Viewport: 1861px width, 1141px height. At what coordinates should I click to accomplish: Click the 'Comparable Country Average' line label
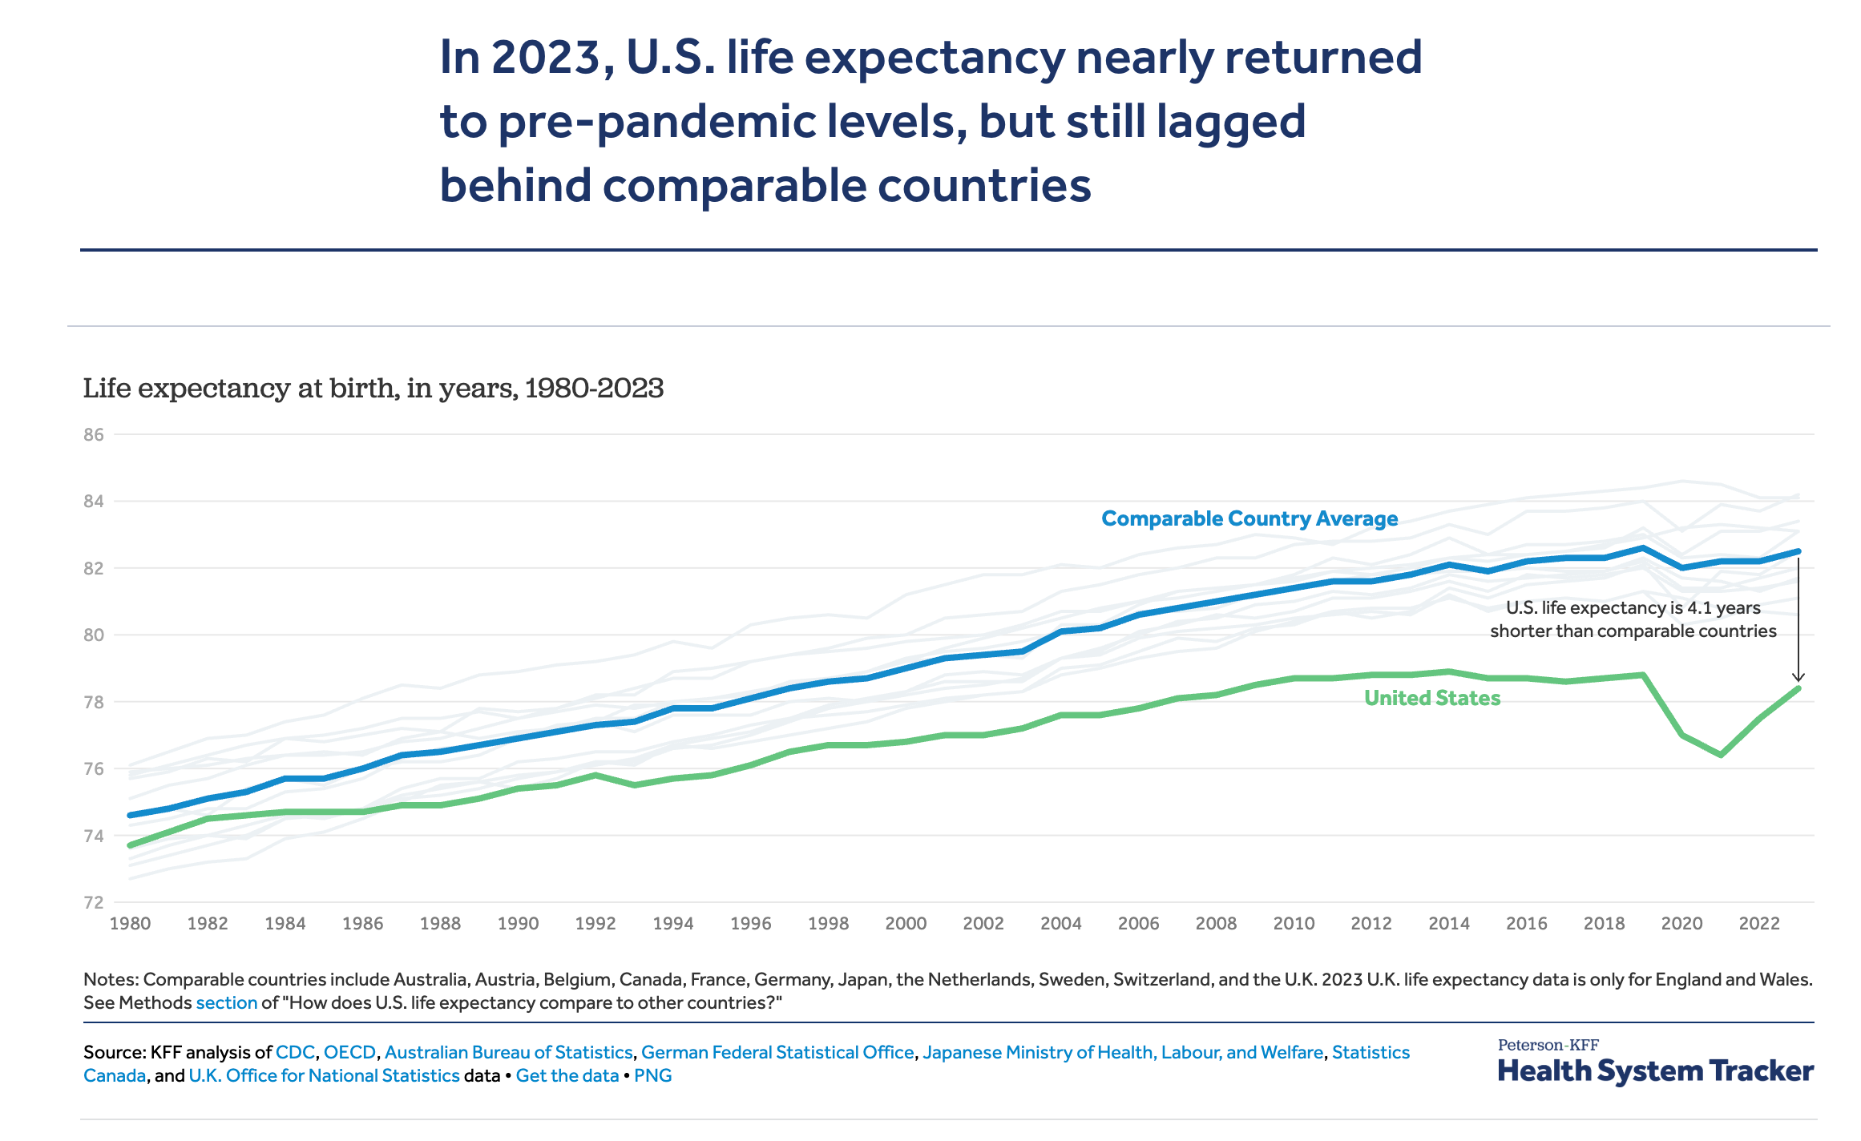coord(1249,518)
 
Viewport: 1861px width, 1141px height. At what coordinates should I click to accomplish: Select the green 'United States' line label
coord(1431,698)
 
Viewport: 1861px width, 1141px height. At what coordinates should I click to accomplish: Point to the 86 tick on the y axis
coord(94,435)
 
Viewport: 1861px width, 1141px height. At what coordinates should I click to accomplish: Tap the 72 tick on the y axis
coord(94,903)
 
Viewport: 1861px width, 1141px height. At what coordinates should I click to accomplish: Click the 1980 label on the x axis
coord(130,924)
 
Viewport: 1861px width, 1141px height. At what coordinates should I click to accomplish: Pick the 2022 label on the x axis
coord(1759,924)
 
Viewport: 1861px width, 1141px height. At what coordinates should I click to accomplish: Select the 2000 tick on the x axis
coord(906,924)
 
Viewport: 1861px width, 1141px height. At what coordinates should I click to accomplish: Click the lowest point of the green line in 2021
coord(1721,755)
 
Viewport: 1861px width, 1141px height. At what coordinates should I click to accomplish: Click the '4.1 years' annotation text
coord(1723,608)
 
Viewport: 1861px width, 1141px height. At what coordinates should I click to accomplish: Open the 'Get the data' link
coord(567,1075)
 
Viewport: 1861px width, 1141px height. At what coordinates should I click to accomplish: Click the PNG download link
coord(652,1075)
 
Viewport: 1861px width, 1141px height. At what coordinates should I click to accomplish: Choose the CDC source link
coord(295,1052)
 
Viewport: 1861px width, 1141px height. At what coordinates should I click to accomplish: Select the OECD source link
coord(349,1052)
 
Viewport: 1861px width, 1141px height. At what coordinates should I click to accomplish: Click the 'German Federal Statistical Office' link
coord(777,1052)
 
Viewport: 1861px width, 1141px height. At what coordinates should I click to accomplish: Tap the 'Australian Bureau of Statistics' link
coord(508,1052)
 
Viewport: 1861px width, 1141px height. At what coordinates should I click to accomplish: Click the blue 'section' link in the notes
coord(227,1003)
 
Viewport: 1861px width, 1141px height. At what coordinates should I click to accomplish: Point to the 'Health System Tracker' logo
coord(1655,1070)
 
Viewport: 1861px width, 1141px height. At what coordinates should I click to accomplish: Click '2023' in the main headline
coord(545,58)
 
